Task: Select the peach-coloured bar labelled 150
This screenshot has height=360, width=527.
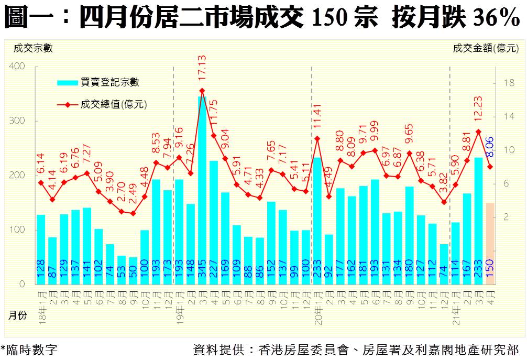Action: (x=490, y=243)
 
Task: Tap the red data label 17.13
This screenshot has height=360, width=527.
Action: (x=202, y=68)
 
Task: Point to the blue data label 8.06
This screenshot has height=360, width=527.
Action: (x=490, y=147)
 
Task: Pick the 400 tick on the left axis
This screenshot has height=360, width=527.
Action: (x=17, y=67)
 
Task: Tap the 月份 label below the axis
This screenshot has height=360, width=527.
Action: (x=18, y=315)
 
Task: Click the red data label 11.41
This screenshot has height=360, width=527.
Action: (x=317, y=118)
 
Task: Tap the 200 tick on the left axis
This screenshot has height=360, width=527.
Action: (x=17, y=176)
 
